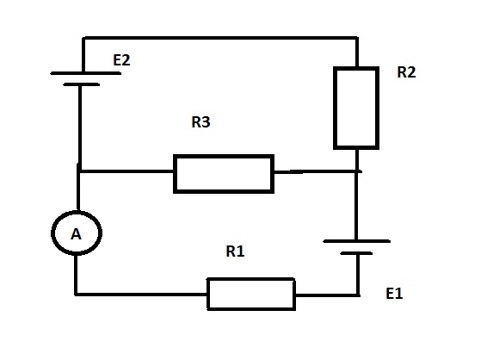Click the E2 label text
121,60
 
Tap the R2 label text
406,72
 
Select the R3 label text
200,121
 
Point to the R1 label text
235,251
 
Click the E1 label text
394,294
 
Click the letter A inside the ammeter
76,234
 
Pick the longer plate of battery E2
86,73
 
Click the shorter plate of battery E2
82,84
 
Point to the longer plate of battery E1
357,241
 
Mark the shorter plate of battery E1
356,253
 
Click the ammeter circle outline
52,233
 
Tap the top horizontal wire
220,38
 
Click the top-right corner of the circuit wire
357,38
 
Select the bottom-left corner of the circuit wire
76,294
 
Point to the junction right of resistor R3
357,171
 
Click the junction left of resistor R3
79,171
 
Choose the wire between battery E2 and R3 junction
80,127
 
